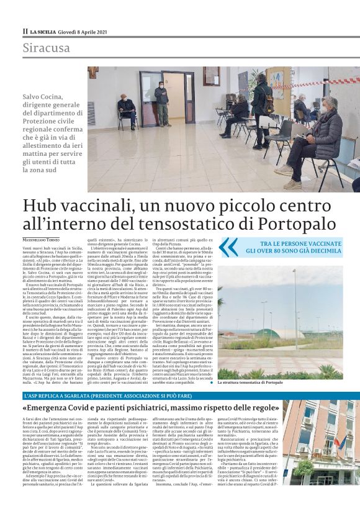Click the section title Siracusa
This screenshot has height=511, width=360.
(47, 48)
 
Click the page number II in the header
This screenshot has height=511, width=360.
(25, 31)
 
